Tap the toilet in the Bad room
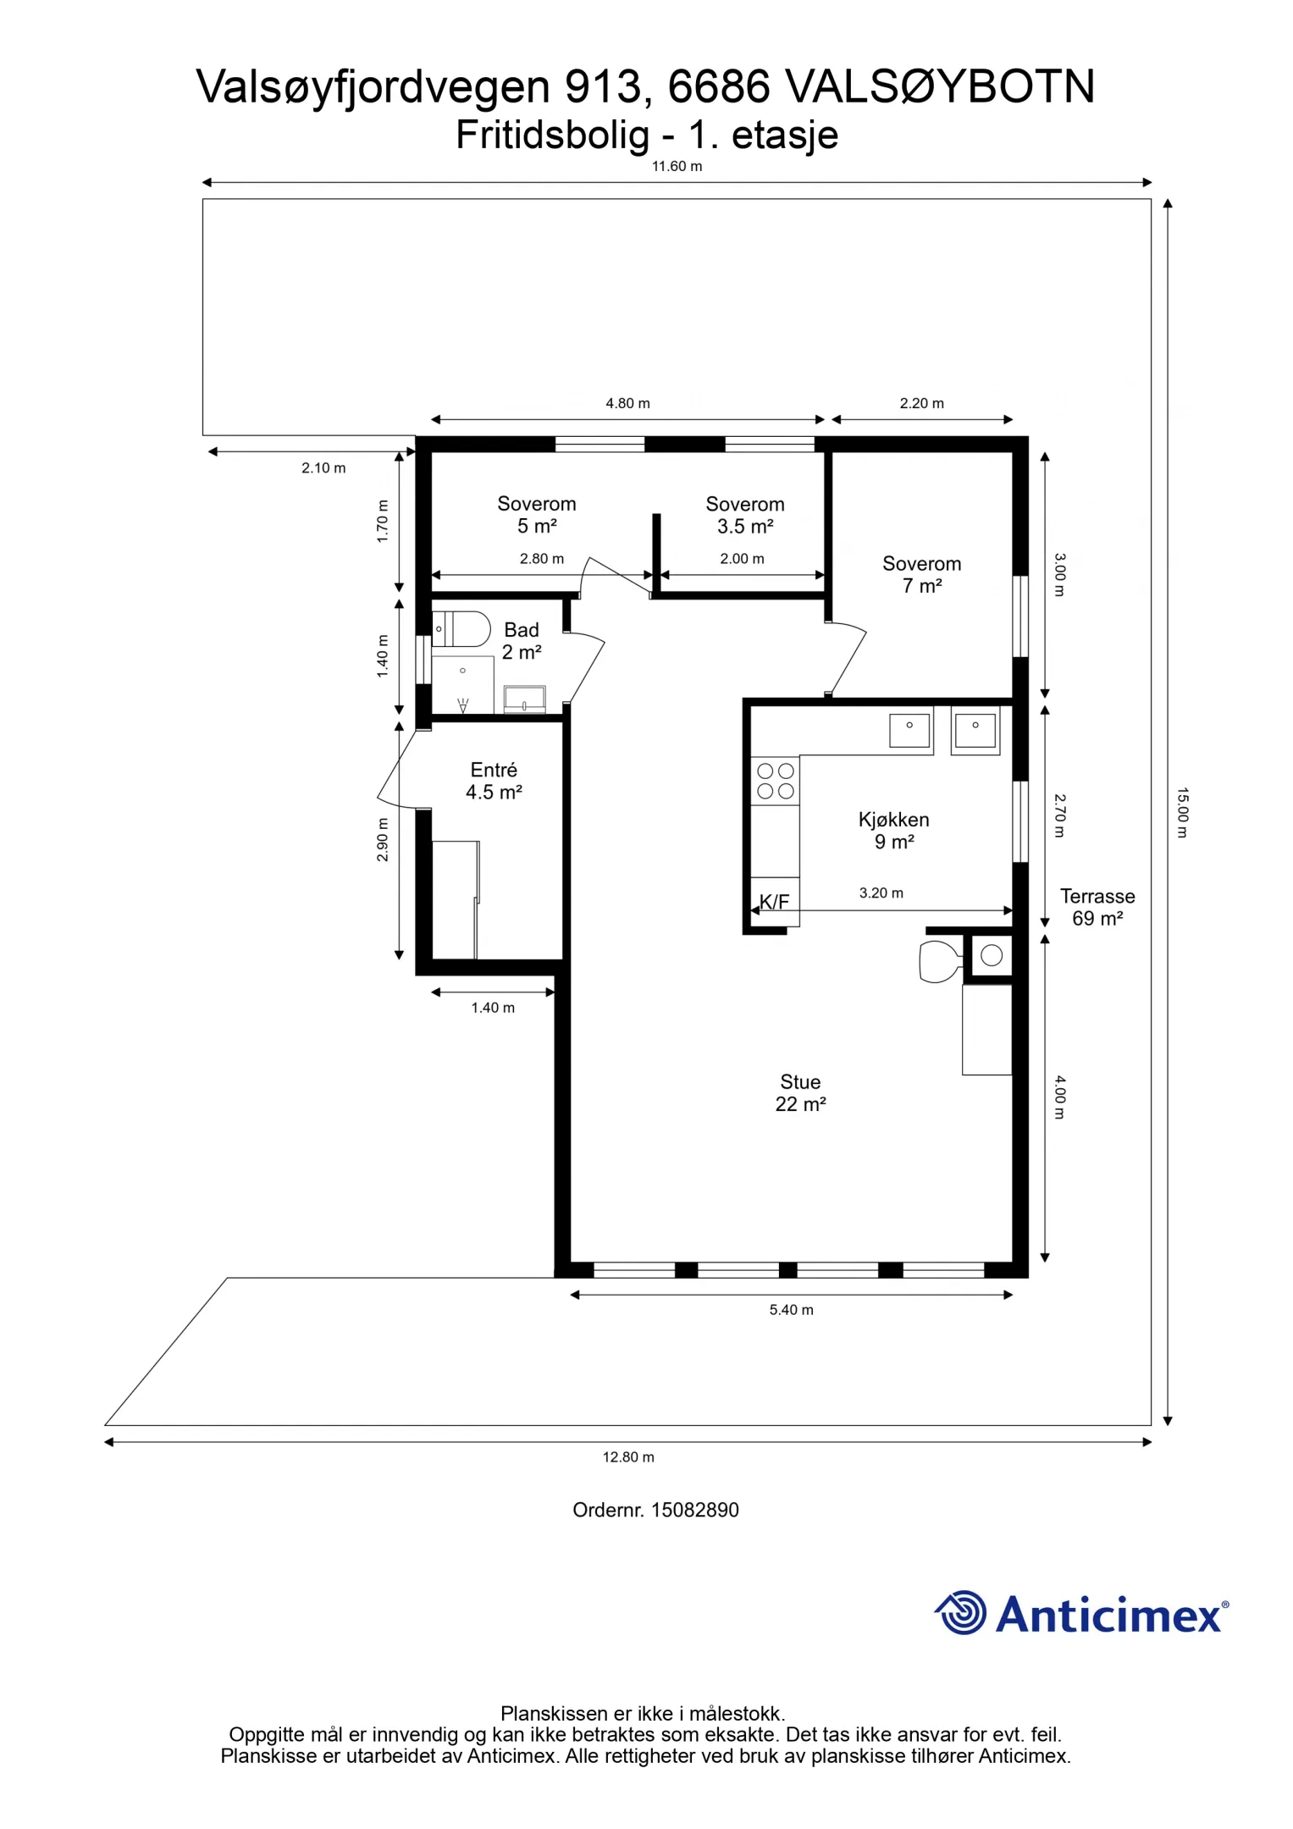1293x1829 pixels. [461, 629]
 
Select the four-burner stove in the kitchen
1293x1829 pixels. [776, 781]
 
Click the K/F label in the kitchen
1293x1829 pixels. [774, 902]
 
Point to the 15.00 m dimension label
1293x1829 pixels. [1183, 813]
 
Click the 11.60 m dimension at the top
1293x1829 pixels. [677, 167]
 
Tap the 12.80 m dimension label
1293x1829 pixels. [628, 1457]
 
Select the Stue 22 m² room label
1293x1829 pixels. [800, 1093]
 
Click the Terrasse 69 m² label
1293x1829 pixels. [1097, 907]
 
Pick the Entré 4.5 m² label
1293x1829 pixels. [494, 781]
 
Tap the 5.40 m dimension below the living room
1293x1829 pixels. [791, 1310]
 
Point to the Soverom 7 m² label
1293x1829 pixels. [922, 575]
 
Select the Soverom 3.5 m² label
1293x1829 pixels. [745, 515]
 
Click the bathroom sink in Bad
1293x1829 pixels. [525, 699]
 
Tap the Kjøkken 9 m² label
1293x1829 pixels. [894, 831]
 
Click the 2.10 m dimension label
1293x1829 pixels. [323, 468]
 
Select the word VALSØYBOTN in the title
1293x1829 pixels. [941, 86]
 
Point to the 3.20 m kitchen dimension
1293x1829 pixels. [881, 893]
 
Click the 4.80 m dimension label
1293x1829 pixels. [627, 404]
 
